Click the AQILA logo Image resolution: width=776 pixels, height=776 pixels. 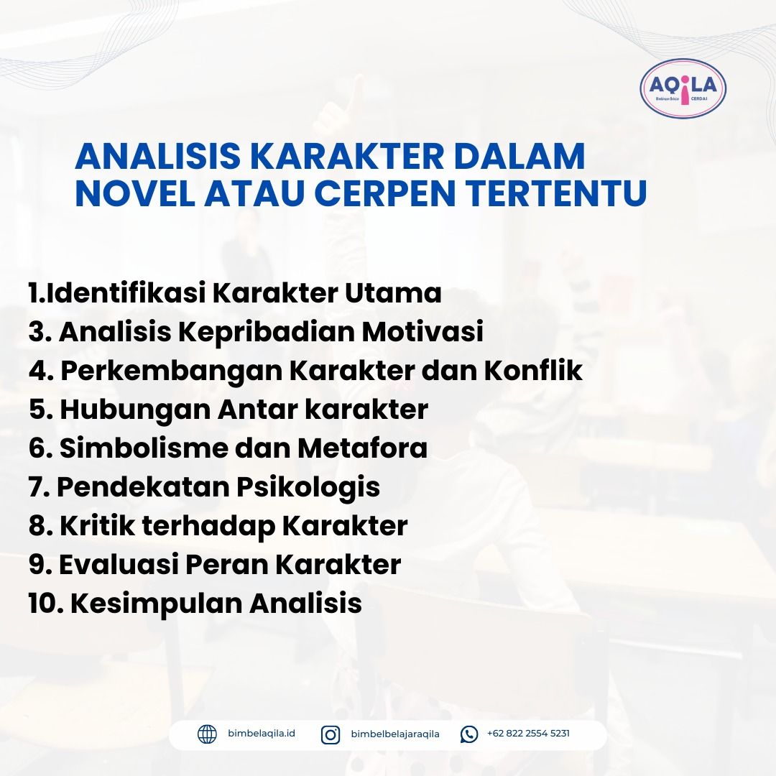[683, 88]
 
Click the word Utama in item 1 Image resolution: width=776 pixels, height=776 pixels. [393, 292]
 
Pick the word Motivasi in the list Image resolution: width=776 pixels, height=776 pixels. [422, 331]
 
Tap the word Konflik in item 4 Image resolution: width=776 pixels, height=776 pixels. [533, 370]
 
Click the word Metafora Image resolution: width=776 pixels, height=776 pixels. [362, 448]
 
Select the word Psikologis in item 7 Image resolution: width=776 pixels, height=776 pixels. [308, 488]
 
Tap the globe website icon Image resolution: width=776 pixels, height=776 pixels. [207, 734]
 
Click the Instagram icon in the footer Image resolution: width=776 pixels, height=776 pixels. [331, 735]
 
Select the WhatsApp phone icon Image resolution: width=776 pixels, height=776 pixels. [469, 734]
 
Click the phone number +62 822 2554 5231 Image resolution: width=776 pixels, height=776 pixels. [528, 733]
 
